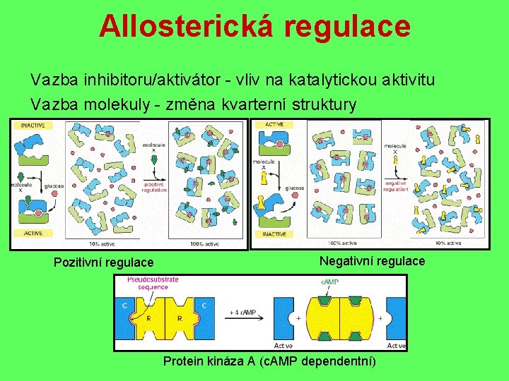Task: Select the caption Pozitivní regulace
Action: point(103,262)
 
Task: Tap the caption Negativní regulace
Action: point(372,261)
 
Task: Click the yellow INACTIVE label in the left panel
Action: point(33,125)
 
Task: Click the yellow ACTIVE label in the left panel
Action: point(33,233)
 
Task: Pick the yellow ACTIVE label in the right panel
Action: point(275,125)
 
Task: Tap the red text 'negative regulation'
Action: point(396,186)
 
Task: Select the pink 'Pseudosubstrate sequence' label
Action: point(153,283)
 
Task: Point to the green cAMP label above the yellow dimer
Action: point(330,282)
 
